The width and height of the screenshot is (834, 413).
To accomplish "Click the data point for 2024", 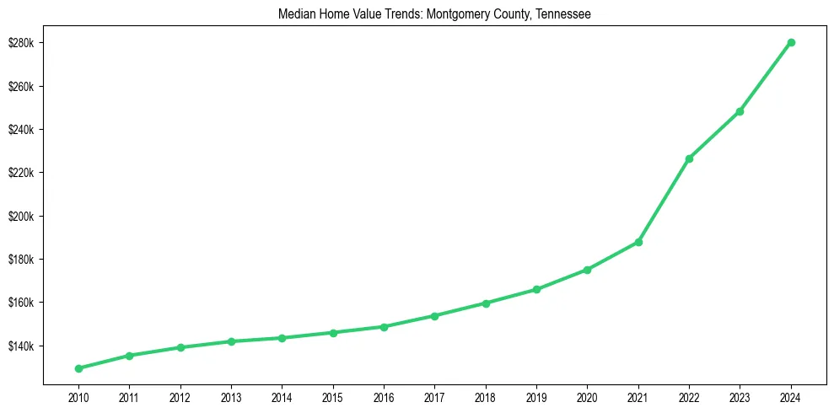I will (x=791, y=42).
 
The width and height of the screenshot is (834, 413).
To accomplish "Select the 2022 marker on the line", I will (x=689, y=158).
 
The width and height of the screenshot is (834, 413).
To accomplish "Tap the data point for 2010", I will (x=78, y=368).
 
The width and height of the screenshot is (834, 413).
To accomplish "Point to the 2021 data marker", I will (x=638, y=242).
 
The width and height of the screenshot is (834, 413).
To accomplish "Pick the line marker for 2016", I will (x=384, y=327).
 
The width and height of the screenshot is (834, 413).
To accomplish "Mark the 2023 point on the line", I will (x=740, y=111).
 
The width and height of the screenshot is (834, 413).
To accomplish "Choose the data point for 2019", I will (x=536, y=289).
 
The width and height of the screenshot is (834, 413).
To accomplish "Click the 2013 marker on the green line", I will (x=231, y=341).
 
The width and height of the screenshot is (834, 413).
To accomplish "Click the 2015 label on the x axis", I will (x=333, y=397).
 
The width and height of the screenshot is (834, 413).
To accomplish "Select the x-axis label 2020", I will (x=587, y=397).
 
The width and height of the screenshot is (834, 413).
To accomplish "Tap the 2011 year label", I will (x=129, y=397).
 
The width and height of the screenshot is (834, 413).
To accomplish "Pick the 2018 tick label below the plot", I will (x=486, y=397).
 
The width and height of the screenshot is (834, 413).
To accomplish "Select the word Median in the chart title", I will (x=295, y=14).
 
